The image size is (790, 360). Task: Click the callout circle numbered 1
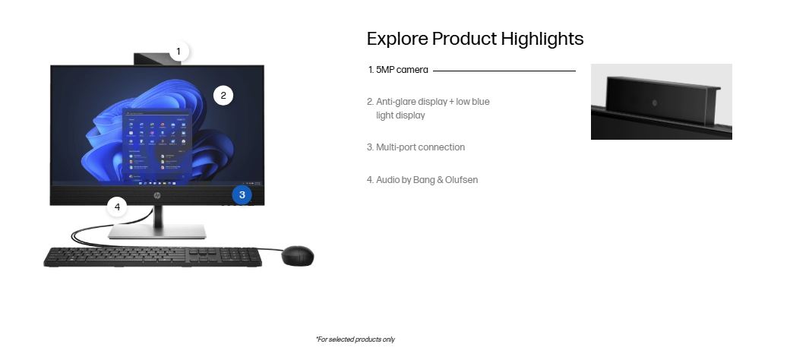[x=178, y=52]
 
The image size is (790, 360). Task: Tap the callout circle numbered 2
[x=223, y=95]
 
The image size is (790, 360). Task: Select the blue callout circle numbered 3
[x=242, y=195]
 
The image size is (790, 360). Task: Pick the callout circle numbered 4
[x=118, y=207]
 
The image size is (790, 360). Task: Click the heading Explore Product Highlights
[x=475, y=39]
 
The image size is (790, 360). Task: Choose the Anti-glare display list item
[x=428, y=109]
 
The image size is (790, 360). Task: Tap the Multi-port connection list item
[x=416, y=147]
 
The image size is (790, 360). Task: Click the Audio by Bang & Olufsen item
[x=422, y=180]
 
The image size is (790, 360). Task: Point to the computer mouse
[x=297, y=256]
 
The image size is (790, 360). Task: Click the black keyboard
[x=153, y=257]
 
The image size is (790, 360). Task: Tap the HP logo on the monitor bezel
[x=156, y=195]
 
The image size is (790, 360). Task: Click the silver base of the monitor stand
[x=157, y=231]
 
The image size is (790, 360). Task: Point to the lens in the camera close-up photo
[x=655, y=103]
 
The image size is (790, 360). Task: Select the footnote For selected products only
[x=355, y=339]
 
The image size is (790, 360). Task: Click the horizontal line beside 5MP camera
[x=504, y=71]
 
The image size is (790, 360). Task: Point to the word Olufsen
[x=462, y=180]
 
